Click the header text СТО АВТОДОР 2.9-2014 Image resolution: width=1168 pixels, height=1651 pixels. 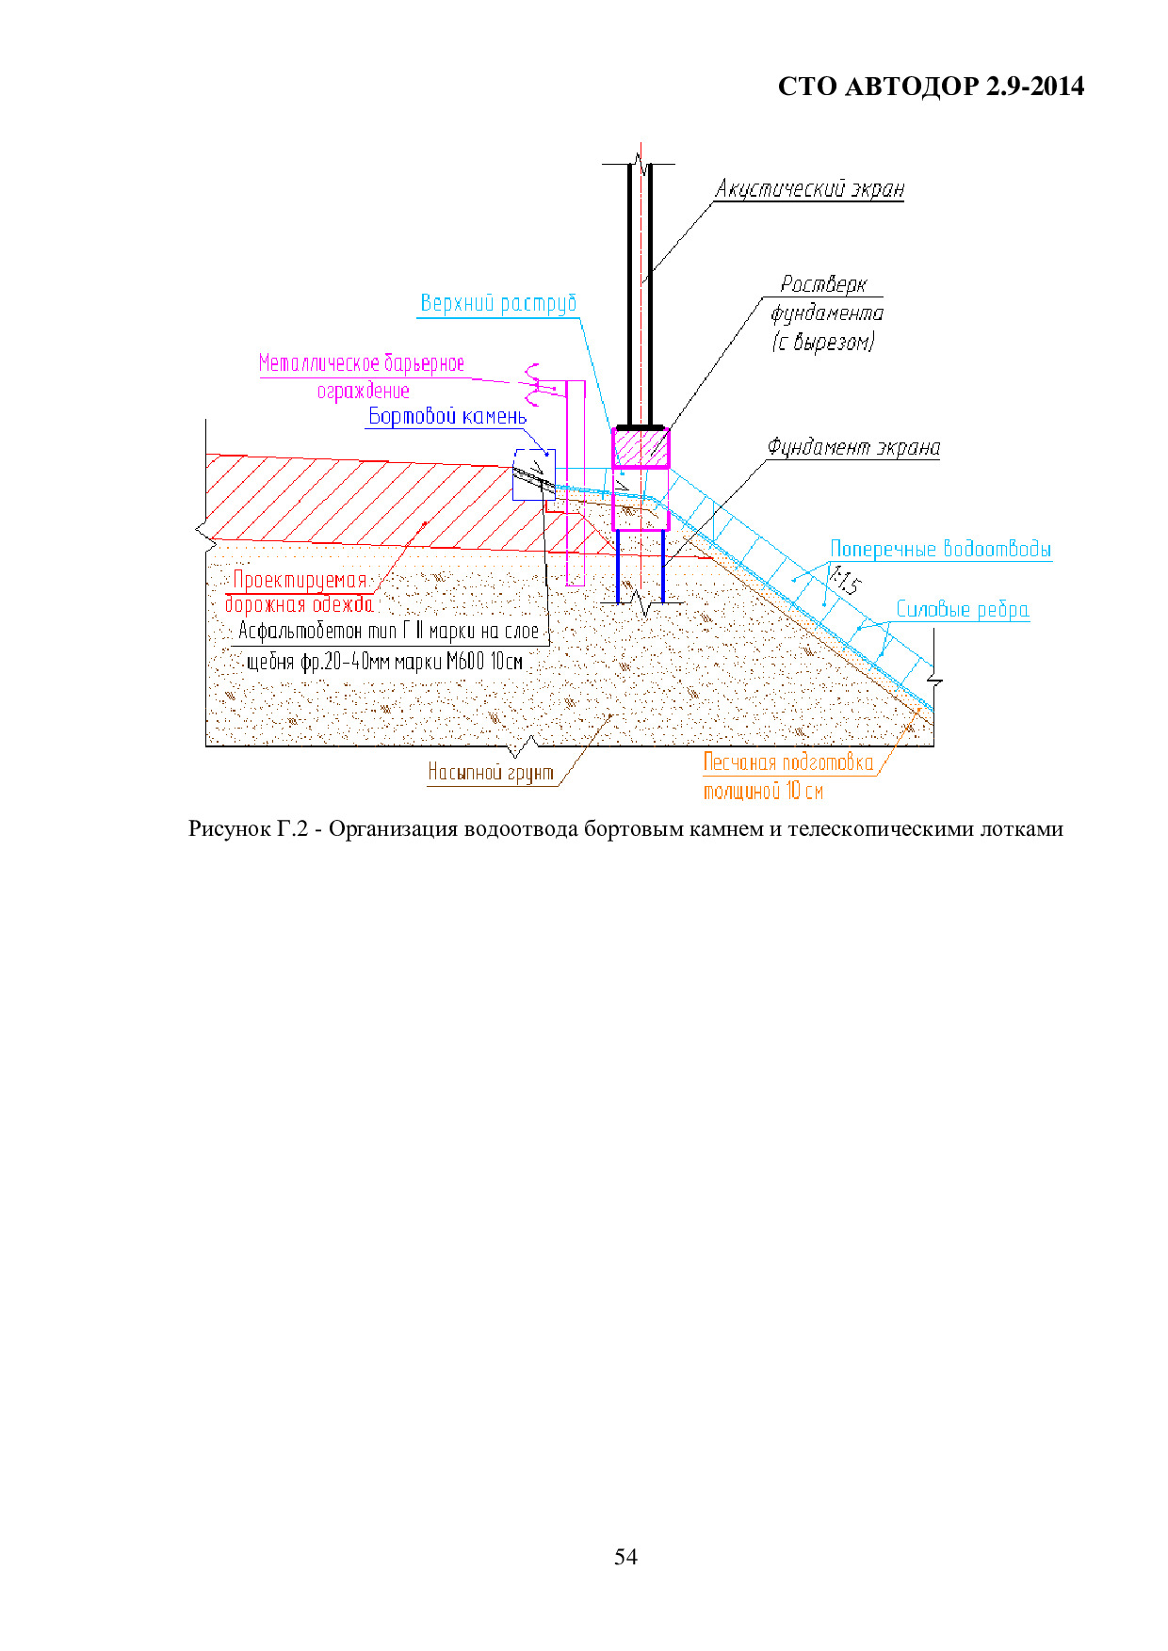click(931, 87)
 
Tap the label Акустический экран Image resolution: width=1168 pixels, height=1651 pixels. click(809, 189)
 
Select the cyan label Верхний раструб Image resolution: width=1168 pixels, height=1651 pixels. click(498, 303)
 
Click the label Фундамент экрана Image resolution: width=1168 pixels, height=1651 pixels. click(853, 447)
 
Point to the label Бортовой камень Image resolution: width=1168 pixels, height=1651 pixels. click(447, 416)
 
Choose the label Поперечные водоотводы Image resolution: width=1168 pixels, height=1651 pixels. click(941, 549)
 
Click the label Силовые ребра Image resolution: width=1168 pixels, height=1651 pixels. click(962, 609)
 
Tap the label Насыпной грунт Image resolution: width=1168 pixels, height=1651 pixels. click(491, 773)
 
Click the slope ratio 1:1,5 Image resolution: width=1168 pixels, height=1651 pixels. click(845, 579)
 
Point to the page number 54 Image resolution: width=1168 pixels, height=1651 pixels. click(625, 1557)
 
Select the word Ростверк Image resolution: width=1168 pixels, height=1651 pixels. click(823, 284)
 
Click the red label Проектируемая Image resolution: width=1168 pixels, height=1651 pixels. click(300, 580)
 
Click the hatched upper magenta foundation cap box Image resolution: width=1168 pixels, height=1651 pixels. click(641, 448)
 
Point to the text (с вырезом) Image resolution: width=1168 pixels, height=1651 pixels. click(823, 342)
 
